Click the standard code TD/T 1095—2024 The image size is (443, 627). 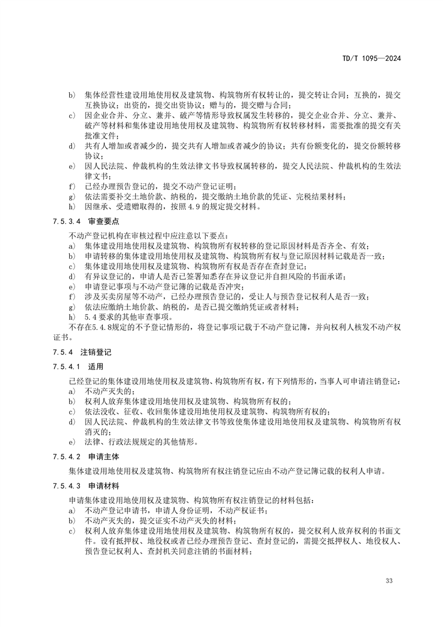click(x=371, y=59)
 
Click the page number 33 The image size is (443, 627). click(x=389, y=581)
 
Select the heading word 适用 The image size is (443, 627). click(x=96, y=367)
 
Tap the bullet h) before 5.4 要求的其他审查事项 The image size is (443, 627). click(x=72, y=317)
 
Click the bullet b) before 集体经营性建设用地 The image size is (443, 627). click(x=72, y=96)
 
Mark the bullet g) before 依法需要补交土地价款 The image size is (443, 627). click(x=72, y=197)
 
